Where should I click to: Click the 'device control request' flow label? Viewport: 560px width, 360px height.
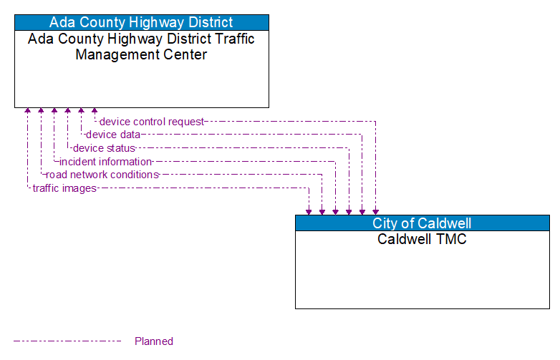click(151, 122)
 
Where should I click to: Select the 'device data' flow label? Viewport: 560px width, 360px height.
click(112, 135)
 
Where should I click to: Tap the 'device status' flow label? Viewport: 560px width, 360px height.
click(104, 148)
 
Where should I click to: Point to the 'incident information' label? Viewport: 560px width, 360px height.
click(105, 162)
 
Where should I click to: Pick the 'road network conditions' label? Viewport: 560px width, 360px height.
click(102, 175)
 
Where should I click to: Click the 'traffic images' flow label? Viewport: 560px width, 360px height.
click(64, 188)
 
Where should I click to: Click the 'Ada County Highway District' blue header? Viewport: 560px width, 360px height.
click(141, 22)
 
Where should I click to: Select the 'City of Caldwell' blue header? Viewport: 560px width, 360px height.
click(422, 223)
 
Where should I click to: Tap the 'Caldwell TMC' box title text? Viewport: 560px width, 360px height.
click(422, 239)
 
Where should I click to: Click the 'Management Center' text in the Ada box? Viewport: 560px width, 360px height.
click(141, 54)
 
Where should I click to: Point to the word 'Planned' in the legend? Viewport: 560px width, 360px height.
click(153, 341)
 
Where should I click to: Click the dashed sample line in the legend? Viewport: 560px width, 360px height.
click(68, 341)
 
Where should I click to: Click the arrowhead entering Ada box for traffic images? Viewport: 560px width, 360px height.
click(27, 112)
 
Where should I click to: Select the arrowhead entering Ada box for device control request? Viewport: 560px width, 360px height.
click(95, 112)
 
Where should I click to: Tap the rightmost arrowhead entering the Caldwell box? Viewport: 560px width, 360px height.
click(375, 211)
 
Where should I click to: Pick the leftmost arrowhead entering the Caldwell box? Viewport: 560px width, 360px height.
click(309, 211)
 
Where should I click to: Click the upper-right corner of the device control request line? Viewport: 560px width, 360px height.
click(375, 122)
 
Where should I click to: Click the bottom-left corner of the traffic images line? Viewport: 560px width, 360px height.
click(27, 188)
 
